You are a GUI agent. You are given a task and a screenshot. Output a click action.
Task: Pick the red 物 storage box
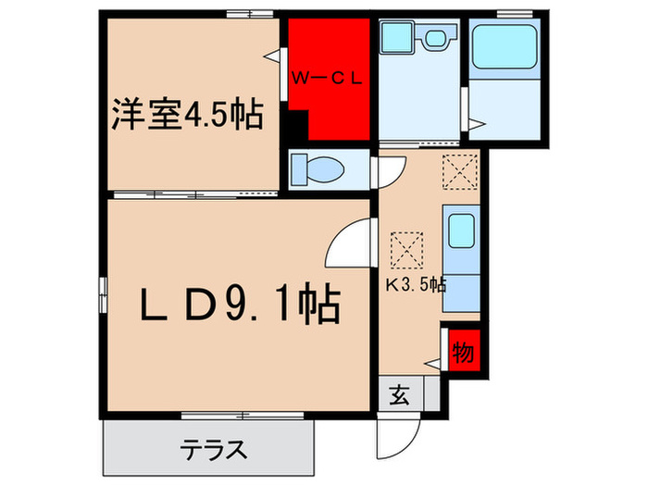(464, 352)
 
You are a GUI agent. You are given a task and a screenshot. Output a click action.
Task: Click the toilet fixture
(317, 169)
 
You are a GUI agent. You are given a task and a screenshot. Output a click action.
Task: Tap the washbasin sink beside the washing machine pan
(432, 40)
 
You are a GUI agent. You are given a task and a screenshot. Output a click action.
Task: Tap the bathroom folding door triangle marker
(475, 123)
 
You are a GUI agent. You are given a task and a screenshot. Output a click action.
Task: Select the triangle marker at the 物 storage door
(431, 365)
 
